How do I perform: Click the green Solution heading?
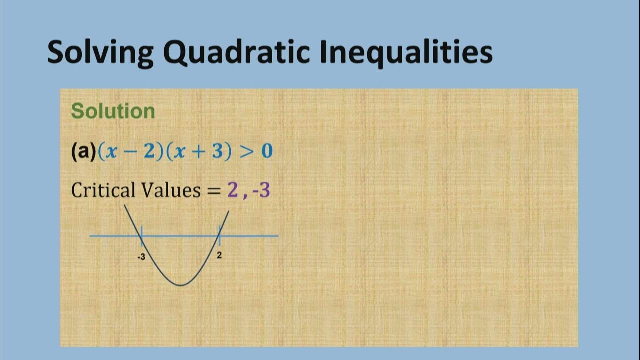(x=113, y=111)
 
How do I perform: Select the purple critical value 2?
(x=232, y=190)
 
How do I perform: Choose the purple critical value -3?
(x=261, y=190)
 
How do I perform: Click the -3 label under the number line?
(x=141, y=257)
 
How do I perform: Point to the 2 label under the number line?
(x=219, y=255)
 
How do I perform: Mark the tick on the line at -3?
(x=142, y=236)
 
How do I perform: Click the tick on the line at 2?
(x=219, y=236)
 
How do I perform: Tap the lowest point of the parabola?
(x=181, y=285)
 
